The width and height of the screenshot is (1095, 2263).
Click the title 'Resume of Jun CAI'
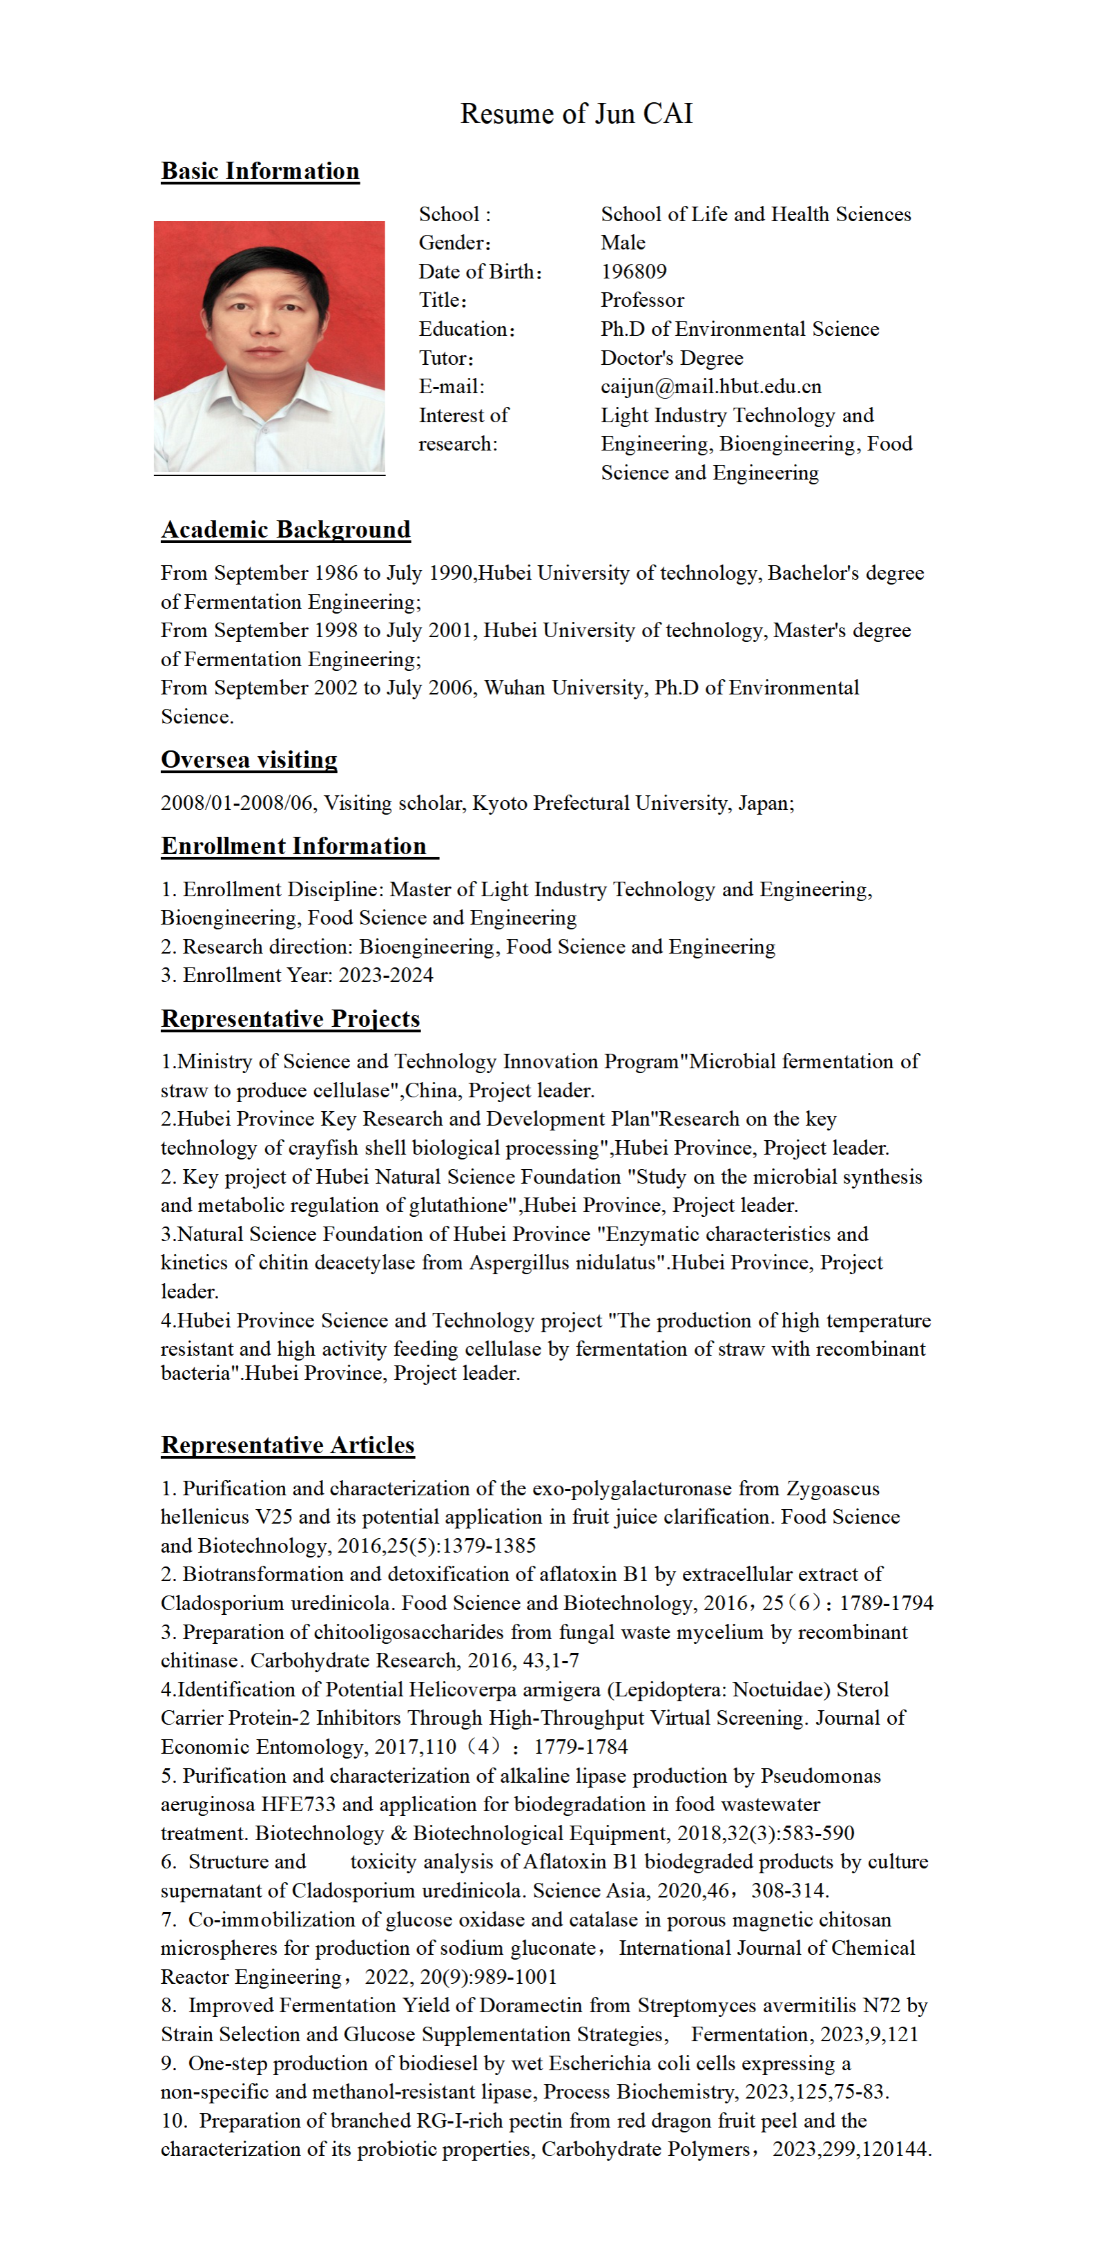click(576, 113)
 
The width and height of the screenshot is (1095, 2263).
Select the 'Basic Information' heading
click(260, 171)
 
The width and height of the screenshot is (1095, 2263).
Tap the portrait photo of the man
click(269, 347)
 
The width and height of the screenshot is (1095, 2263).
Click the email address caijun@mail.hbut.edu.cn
click(710, 386)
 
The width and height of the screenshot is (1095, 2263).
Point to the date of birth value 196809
click(633, 272)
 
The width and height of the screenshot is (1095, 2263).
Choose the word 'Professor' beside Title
click(642, 301)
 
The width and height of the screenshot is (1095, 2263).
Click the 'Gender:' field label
click(454, 243)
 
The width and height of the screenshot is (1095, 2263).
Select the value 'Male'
click(623, 243)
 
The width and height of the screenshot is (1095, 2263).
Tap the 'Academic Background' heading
click(285, 530)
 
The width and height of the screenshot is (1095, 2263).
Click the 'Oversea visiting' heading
click(249, 760)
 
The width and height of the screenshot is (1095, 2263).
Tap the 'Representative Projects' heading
click(291, 1019)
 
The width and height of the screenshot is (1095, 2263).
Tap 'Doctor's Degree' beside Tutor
click(672, 359)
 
